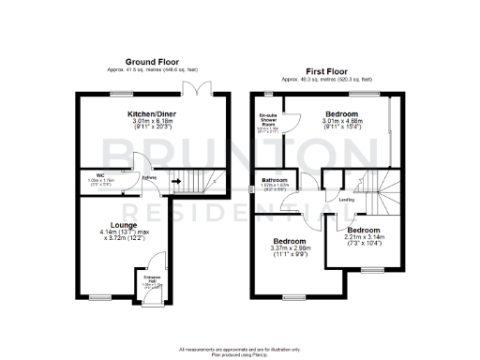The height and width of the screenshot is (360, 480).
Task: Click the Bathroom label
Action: pyautogui.click(x=275, y=179)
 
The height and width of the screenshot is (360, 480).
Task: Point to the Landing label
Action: pyautogui.click(x=346, y=200)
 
